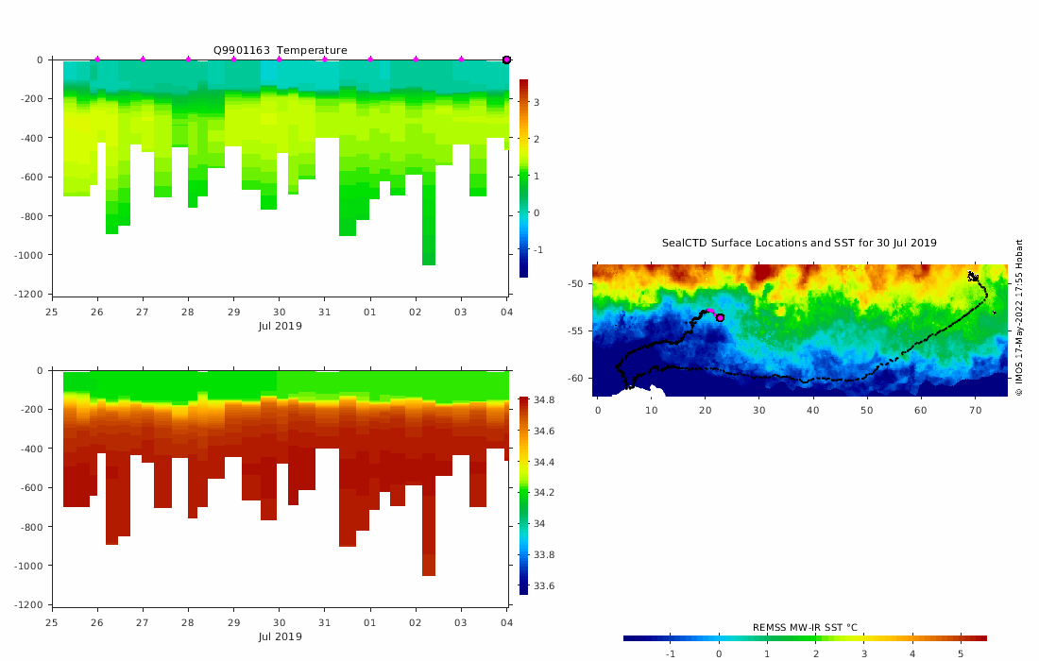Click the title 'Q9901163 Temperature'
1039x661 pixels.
click(280, 50)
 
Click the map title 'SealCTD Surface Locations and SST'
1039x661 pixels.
click(799, 243)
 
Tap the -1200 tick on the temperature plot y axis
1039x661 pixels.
click(34, 295)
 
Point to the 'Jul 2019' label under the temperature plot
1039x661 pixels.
click(280, 326)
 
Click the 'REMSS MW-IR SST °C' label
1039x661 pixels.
click(805, 627)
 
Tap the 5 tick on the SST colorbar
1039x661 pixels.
click(961, 653)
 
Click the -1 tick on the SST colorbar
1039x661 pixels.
click(671, 653)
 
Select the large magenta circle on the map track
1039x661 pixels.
click(720, 317)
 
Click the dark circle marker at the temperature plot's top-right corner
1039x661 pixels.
click(506, 59)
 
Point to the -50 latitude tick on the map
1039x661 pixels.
click(574, 283)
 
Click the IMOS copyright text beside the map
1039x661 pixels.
click(1019, 316)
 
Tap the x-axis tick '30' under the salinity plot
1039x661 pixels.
click(280, 623)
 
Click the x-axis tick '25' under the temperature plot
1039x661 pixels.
click(52, 313)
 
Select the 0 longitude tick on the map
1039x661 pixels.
click(598, 410)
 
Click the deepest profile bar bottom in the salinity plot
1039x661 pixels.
click(429, 574)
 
